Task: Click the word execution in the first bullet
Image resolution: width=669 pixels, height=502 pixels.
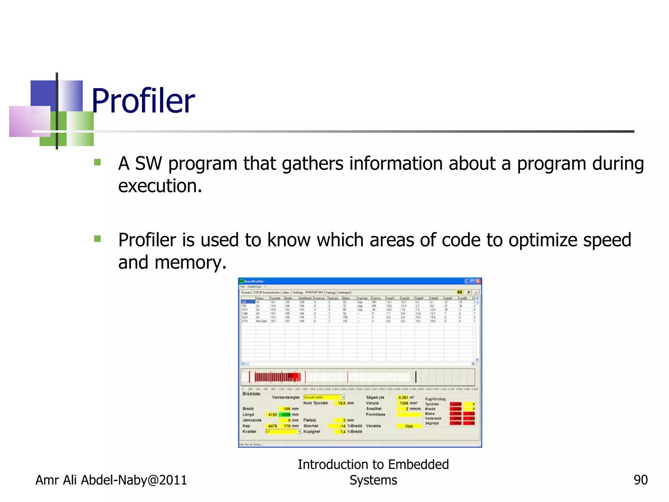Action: click(160, 186)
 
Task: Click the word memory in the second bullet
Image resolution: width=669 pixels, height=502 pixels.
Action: click(190, 262)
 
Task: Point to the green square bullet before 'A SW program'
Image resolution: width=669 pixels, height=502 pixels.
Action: click(97, 162)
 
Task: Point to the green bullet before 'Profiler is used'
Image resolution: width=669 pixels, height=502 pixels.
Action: click(97, 239)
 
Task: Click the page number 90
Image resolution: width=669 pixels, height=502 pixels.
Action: click(640, 480)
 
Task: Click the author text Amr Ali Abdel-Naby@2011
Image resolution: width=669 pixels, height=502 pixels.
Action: click(111, 480)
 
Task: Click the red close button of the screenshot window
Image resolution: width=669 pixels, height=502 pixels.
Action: click(478, 281)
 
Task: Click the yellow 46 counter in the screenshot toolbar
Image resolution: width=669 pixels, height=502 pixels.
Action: click(459, 292)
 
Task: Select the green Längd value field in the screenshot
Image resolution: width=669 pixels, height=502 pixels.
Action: click(286, 414)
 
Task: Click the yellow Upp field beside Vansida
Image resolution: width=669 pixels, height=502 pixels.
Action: click(409, 426)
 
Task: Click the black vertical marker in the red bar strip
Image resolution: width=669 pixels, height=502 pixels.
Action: click(416, 377)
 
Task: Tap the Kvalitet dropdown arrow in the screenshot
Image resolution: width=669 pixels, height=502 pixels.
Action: click(299, 432)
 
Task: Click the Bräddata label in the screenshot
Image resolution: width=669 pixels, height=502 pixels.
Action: click(251, 394)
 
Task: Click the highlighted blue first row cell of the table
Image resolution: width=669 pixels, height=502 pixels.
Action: click(248, 302)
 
